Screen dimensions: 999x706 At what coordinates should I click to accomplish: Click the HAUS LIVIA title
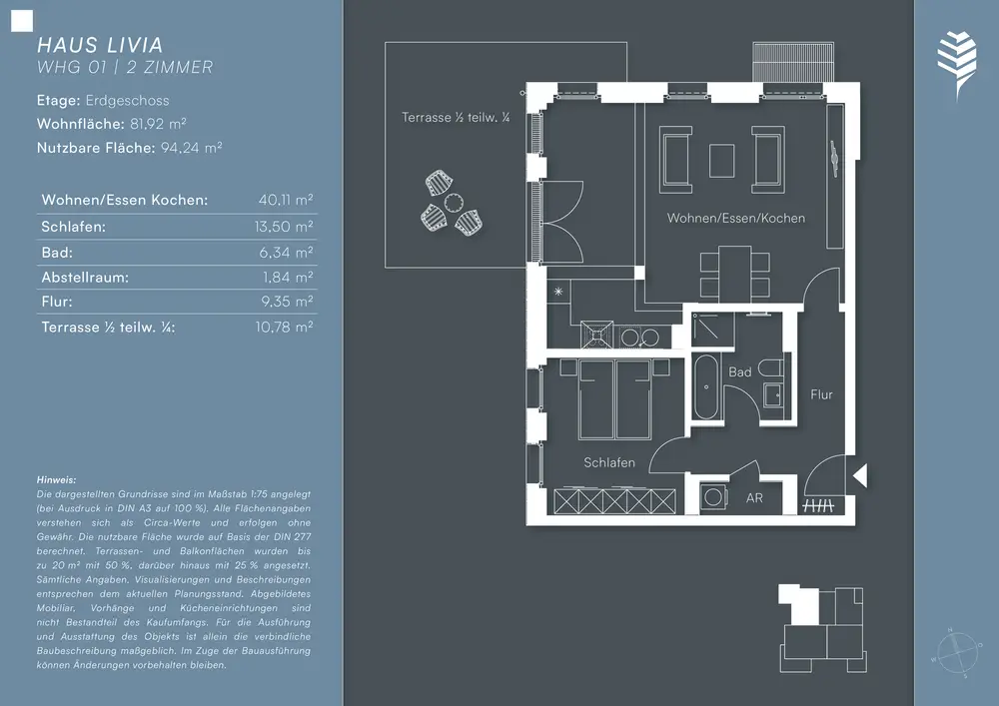[x=100, y=45]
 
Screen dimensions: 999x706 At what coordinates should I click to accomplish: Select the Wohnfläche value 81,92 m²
[x=158, y=124]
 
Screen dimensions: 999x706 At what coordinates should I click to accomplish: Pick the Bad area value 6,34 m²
[x=286, y=252]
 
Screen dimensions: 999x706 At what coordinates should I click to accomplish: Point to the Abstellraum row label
[x=85, y=277]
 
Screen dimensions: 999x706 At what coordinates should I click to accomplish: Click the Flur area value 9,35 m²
[x=287, y=302]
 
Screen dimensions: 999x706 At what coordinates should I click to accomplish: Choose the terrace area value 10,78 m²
[x=284, y=327]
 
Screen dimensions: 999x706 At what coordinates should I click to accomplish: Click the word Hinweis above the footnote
[x=56, y=480]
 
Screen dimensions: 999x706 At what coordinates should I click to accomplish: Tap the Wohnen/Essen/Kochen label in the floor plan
[x=736, y=218]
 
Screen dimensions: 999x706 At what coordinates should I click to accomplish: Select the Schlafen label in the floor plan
[x=609, y=462]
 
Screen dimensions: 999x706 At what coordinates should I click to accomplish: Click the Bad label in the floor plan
[x=739, y=371]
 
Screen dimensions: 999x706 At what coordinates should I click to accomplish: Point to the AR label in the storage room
[x=754, y=498]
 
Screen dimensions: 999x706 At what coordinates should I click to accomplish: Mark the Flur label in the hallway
[x=821, y=394]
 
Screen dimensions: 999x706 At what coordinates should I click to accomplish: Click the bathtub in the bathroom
[x=706, y=386]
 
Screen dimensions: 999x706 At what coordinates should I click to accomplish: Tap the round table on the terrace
[x=454, y=203]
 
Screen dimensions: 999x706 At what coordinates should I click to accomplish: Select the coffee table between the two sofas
[x=722, y=161]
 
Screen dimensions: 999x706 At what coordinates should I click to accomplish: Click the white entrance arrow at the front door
[x=859, y=475]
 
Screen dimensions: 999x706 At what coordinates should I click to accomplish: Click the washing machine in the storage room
[x=714, y=496]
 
